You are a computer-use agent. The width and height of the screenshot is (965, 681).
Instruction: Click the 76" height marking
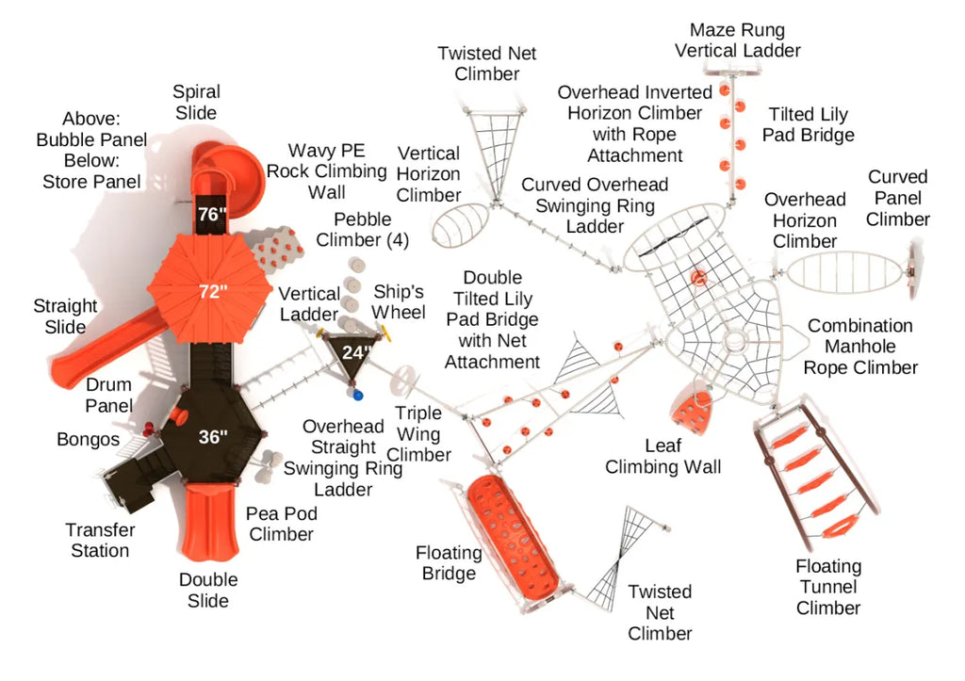pyautogui.click(x=212, y=214)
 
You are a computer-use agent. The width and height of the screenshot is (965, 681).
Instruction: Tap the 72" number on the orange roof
pyautogui.click(x=212, y=291)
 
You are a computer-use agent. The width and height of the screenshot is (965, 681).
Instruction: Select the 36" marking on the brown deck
pyautogui.click(x=213, y=436)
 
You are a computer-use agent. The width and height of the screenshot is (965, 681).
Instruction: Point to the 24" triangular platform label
pyautogui.click(x=355, y=352)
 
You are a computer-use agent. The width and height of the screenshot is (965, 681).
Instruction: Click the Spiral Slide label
pyautogui.click(x=196, y=102)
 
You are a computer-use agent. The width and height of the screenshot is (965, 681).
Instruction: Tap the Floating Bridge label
pyautogui.click(x=449, y=562)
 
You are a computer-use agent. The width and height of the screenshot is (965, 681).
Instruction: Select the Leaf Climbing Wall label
pyautogui.click(x=662, y=456)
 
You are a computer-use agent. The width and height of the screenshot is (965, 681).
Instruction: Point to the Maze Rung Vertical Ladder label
pyautogui.click(x=738, y=41)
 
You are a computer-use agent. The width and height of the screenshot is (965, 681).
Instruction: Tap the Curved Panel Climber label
pyautogui.click(x=897, y=198)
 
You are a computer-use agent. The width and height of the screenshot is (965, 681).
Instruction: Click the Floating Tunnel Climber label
pyautogui.click(x=828, y=587)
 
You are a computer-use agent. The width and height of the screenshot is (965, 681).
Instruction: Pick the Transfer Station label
pyautogui.click(x=100, y=540)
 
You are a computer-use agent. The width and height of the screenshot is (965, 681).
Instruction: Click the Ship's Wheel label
pyautogui.click(x=400, y=300)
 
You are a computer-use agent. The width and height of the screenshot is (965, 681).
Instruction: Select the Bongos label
pyautogui.click(x=88, y=439)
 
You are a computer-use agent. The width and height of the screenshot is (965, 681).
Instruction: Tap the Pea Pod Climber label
pyautogui.click(x=281, y=524)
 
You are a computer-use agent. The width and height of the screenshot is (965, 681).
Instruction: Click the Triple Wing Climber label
pyautogui.click(x=418, y=433)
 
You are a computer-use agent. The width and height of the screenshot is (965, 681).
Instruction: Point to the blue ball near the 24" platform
pyautogui.click(x=357, y=396)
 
